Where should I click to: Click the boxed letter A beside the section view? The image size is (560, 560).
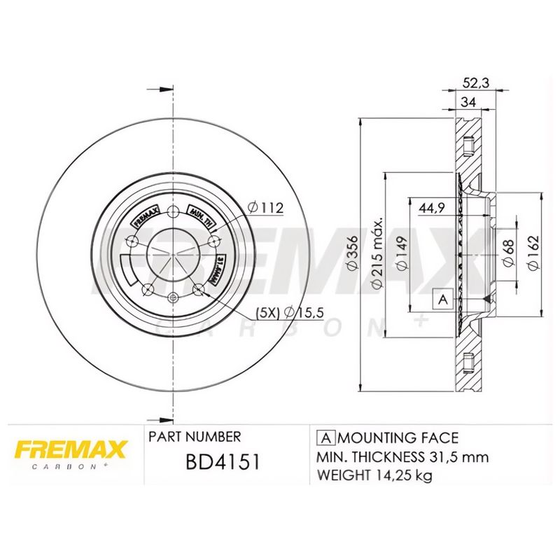pyautogui.click(x=442, y=300)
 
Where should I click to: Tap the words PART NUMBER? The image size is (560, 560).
pyautogui.click(x=195, y=437)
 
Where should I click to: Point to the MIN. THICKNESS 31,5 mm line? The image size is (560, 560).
pyautogui.click(x=402, y=457)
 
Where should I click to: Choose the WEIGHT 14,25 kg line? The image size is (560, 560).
pyautogui.click(x=374, y=476)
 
